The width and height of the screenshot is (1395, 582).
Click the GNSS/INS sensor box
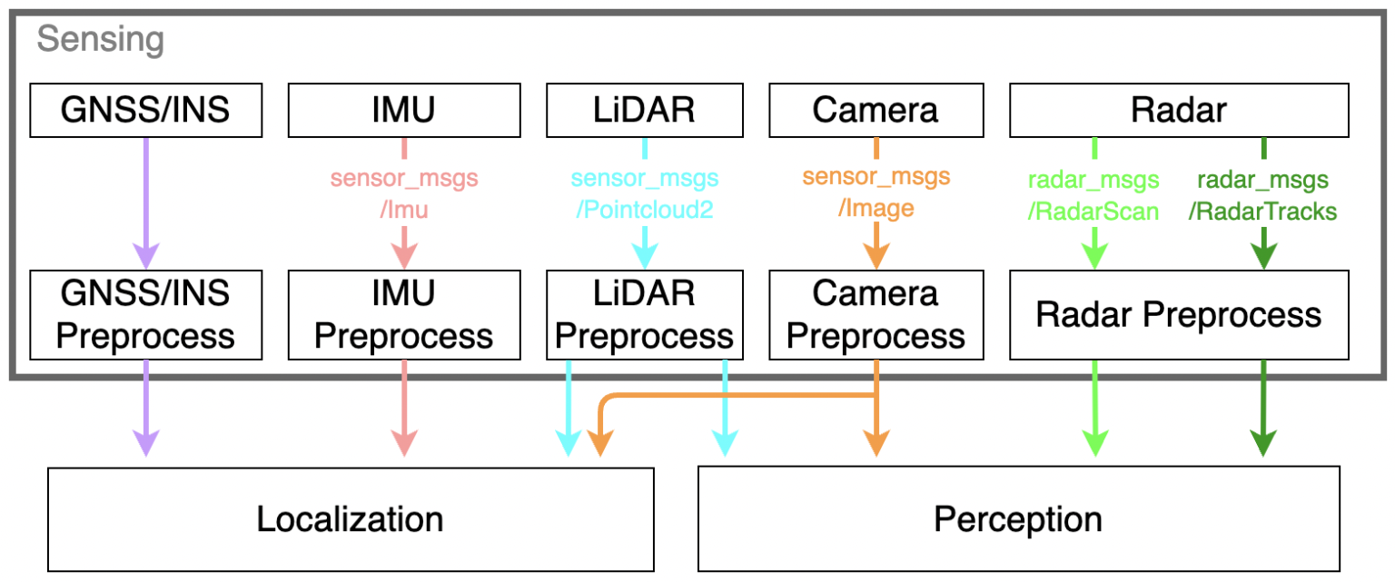[145, 111]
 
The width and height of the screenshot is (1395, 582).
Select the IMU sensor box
[404, 111]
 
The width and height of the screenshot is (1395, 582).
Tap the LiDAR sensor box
[644, 111]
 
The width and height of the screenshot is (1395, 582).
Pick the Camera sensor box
[876, 111]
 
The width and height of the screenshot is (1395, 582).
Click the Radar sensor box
[1179, 111]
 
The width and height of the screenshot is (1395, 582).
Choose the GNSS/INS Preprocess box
[145, 314]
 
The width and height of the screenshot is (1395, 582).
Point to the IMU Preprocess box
[404, 314]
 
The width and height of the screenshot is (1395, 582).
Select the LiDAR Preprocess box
[644, 314]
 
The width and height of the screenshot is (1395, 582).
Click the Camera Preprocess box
[876, 314]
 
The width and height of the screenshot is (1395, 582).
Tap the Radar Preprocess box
[1179, 314]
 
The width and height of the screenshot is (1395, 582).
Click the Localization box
[350, 519]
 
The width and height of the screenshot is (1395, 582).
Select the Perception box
[1017, 519]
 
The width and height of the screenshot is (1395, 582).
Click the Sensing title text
[100, 40]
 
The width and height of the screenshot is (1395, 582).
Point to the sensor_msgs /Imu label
[404, 193]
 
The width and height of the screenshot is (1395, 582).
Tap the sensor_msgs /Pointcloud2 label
[645, 193]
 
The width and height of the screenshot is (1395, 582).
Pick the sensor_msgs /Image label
[876, 193]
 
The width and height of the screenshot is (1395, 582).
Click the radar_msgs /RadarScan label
[1093, 195]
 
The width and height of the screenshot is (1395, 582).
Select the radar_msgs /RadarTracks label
[1263, 195]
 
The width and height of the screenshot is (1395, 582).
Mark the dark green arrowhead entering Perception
[1263, 442]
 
